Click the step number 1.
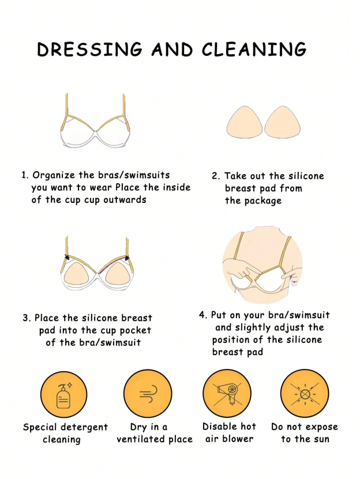[24, 175]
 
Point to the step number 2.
[215, 176]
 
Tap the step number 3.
[26, 318]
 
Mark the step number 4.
[202, 315]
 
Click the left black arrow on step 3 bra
[67, 258]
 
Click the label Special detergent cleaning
[65, 433]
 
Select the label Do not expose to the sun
[305, 433]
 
